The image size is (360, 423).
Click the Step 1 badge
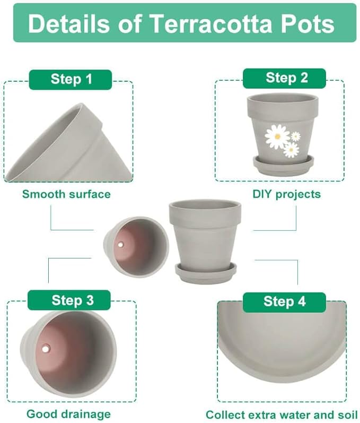71,80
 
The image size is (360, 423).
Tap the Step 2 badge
284,78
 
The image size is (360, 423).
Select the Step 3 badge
69,300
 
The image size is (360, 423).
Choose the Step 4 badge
284,302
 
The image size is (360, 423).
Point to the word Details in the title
69,23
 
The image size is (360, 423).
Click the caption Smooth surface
66,194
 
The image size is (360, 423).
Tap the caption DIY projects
286,194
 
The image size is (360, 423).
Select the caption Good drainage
69,414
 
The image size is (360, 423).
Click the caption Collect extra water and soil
282,415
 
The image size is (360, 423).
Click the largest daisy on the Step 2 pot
277,136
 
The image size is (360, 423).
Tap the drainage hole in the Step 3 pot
46,349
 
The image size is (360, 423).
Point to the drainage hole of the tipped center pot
120,245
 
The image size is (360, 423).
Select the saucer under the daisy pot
284,165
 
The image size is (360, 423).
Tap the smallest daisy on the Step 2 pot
296,136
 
